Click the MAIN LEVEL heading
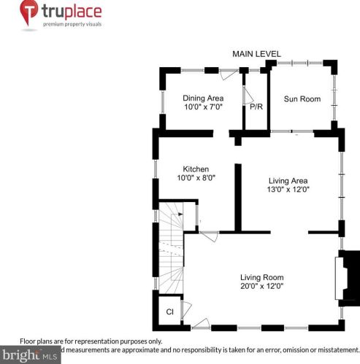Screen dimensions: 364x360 pos(256,55)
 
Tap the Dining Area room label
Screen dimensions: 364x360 pos(202,98)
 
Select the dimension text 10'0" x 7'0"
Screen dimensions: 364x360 pos(202,107)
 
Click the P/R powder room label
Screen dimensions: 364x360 pos(256,107)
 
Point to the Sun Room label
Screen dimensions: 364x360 pos(302,98)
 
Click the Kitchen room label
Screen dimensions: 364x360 pos(196,169)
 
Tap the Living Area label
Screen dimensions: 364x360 pos(288,180)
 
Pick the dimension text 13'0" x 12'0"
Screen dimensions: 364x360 pos(288,190)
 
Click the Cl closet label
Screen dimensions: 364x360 pos(169,312)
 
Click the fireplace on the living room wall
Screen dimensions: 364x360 pos(346,276)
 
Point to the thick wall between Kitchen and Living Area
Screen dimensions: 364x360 pos(237,197)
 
